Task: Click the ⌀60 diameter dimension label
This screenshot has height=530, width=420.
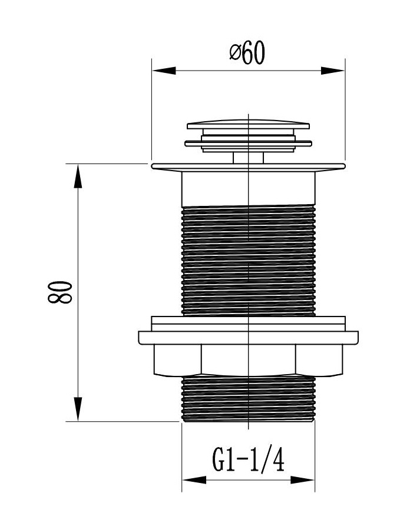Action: (x=248, y=54)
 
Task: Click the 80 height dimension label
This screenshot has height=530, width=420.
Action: (x=61, y=292)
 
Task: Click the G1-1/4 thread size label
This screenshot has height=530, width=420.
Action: (x=248, y=459)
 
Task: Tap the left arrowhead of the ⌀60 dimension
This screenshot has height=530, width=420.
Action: (x=164, y=71)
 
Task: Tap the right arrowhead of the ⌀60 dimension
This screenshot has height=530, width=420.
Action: (x=333, y=71)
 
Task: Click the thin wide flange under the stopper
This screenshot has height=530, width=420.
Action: (x=248, y=167)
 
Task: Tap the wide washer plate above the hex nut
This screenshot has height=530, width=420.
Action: (x=248, y=338)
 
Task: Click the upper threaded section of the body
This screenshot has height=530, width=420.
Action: (x=248, y=259)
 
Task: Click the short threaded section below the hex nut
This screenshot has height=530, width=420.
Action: (x=248, y=399)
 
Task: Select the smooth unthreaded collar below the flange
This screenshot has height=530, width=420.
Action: (x=248, y=188)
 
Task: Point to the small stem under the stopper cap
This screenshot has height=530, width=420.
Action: (x=242, y=157)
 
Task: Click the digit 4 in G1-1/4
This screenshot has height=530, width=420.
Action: (x=277, y=459)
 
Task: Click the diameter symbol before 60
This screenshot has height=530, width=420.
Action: (x=234, y=54)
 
